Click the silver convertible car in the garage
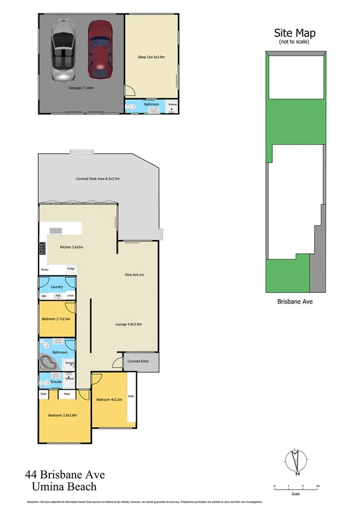(64, 51)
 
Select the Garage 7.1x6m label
(81, 88)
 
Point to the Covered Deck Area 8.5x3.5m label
(98, 179)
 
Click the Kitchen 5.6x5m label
(71, 247)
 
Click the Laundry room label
(57, 287)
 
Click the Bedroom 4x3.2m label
(109, 399)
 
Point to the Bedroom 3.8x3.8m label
(61, 415)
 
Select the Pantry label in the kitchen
(44, 269)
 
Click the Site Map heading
(294, 33)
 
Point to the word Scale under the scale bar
(295, 494)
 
